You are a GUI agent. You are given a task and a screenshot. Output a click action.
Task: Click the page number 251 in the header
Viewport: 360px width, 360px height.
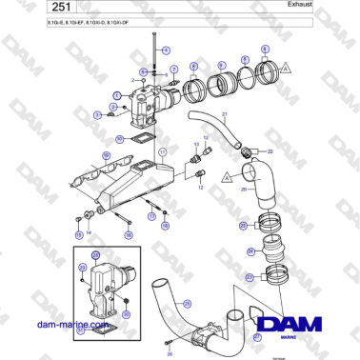(42, 8)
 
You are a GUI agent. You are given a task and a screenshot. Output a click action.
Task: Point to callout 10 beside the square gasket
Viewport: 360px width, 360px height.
(118, 139)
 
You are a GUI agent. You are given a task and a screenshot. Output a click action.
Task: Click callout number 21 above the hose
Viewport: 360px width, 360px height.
(226, 114)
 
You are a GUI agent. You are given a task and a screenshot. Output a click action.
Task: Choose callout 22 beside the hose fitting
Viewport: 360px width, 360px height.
(268, 151)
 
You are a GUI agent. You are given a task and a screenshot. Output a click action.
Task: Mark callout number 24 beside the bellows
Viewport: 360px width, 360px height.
(250, 252)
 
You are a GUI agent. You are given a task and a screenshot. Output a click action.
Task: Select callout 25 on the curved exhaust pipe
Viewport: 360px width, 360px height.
(188, 303)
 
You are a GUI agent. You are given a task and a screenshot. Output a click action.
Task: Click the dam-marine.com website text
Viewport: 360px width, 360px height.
(72, 326)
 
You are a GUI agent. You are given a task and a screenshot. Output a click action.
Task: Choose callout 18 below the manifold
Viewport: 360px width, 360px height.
(165, 227)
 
